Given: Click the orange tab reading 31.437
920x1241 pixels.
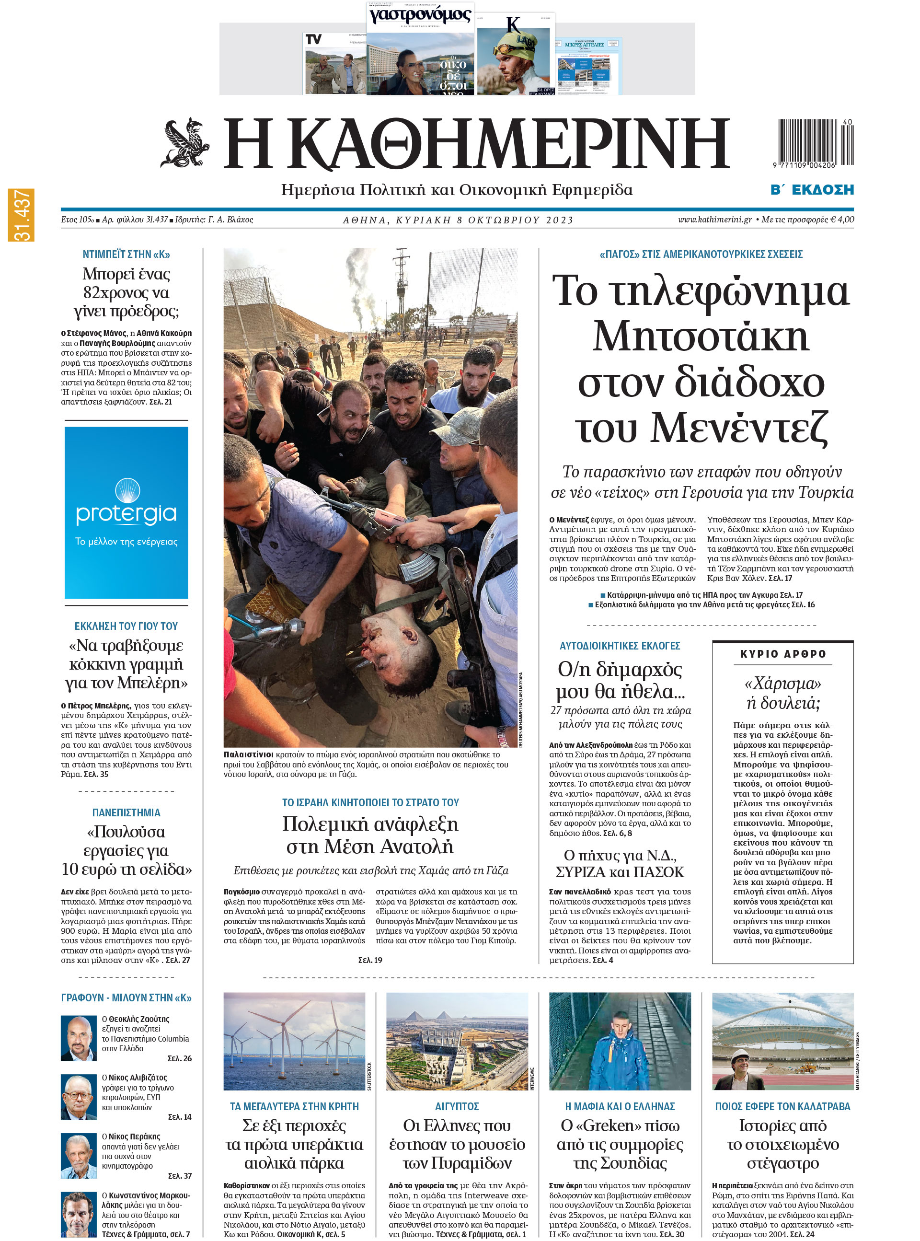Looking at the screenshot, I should coord(21,215).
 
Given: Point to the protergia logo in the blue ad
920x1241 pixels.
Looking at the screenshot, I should coord(126,505).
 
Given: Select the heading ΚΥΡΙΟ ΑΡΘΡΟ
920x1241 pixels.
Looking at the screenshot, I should coord(782,654).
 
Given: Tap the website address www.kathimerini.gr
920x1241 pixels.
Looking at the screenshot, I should coord(714,220).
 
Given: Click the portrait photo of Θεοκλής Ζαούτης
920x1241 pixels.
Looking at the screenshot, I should coord(79,1038).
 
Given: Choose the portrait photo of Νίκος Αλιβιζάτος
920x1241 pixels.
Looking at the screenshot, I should coord(79,1097).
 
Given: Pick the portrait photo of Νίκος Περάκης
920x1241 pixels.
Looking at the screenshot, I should coord(79,1156).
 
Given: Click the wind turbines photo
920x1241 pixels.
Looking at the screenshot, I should coord(294,1041).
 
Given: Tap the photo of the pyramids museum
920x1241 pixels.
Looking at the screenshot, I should coord(457,1041).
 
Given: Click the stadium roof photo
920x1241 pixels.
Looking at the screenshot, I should coord(782,1041).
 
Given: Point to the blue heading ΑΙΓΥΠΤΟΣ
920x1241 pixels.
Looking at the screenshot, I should coord(457,1106).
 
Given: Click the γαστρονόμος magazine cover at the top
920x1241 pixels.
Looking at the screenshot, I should coord(420,49).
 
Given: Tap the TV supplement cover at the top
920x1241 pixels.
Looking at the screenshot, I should coord(334,63).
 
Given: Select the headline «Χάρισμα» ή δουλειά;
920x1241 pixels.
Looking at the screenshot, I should coord(782,693).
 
